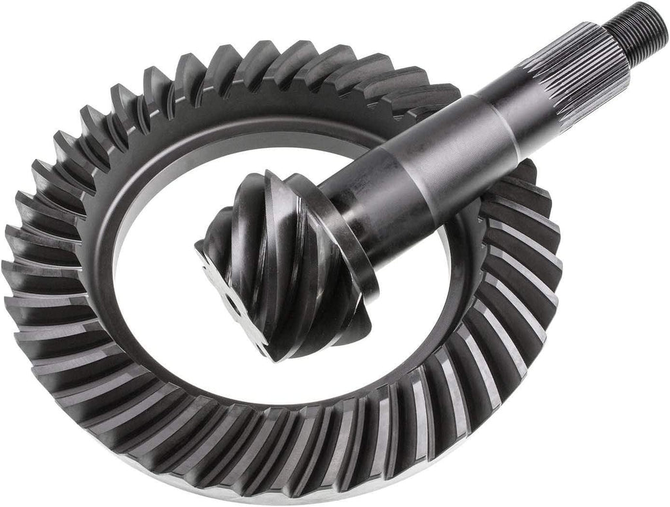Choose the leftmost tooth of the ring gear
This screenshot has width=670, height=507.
coord(23,275)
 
